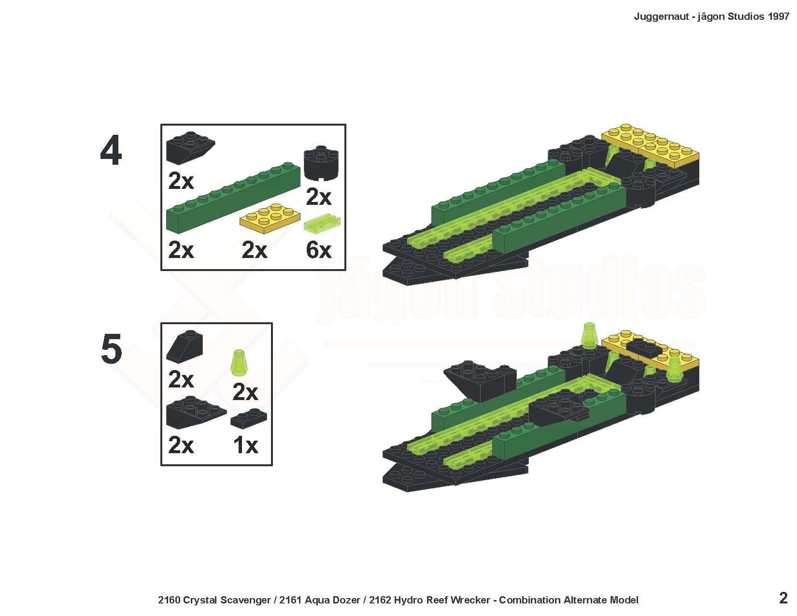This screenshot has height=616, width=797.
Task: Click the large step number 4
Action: click(x=111, y=150)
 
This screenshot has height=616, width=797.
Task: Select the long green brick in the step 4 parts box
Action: click(x=233, y=197)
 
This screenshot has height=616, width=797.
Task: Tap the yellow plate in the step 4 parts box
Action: click(x=270, y=218)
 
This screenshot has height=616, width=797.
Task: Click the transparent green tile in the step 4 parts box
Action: click(x=322, y=223)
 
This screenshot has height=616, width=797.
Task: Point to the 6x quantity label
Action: click(x=318, y=250)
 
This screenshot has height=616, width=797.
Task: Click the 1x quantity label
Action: click(x=245, y=445)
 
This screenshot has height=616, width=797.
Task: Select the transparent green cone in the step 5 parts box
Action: click(x=239, y=362)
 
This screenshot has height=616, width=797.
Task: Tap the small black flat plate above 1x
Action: click(x=249, y=420)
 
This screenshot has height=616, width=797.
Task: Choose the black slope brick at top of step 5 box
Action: click(x=185, y=346)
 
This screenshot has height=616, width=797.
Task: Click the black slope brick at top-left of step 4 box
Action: click(x=190, y=147)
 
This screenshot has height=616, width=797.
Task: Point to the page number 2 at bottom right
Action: click(x=783, y=598)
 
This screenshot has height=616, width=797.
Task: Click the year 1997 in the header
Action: click(x=778, y=16)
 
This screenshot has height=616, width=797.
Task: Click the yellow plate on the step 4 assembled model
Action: click(x=650, y=146)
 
